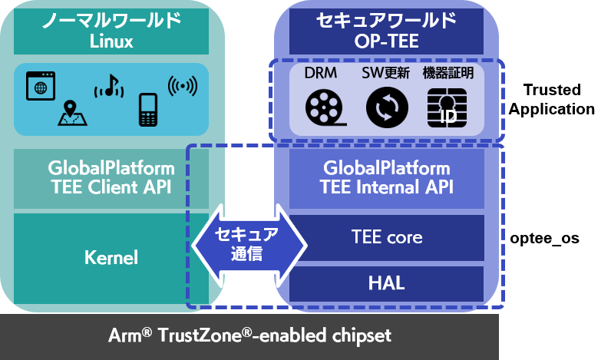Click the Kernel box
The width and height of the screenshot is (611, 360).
click(x=111, y=258)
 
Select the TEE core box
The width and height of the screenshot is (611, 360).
click(x=386, y=237)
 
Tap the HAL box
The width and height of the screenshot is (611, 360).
click(x=386, y=284)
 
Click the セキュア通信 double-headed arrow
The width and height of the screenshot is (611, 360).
click(x=248, y=244)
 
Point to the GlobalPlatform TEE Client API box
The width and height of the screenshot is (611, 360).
click(x=111, y=177)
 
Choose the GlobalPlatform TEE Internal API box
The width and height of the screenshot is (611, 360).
click(x=386, y=177)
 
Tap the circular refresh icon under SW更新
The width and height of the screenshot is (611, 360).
click(x=383, y=107)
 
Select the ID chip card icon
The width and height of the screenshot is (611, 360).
click(x=446, y=108)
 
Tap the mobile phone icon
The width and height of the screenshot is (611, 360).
click(x=148, y=109)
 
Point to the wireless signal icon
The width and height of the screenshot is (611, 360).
click(x=181, y=85)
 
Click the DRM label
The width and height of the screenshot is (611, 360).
click(x=321, y=74)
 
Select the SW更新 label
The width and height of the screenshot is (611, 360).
click(x=383, y=74)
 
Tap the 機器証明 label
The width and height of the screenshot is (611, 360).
click(x=448, y=74)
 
